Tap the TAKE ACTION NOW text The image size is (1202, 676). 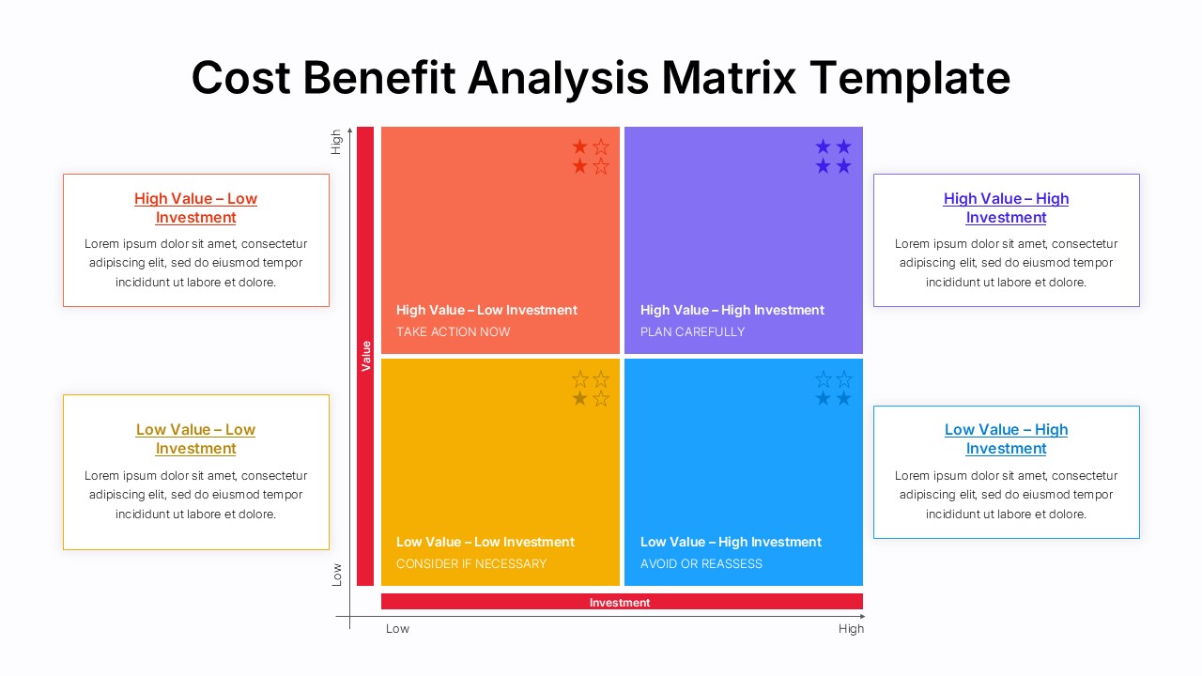[454, 331]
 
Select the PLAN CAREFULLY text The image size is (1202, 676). [692, 331]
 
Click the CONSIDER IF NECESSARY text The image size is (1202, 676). [470, 563]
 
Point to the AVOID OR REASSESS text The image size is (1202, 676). [701, 563]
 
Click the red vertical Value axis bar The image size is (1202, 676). [365, 356]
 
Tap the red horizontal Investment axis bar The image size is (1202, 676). [621, 602]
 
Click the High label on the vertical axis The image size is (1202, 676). [336, 142]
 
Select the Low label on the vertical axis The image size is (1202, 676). [336, 575]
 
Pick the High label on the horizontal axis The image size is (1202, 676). [851, 629]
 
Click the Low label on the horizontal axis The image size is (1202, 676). [397, 629]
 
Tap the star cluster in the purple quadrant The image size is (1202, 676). [833, 156]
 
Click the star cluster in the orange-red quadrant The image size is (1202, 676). [591, 156]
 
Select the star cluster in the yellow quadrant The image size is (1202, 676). [591, 389]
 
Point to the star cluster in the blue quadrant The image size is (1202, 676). [833, 389]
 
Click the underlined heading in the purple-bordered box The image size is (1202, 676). [1006, 207]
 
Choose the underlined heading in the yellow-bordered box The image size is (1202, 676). [195, 438]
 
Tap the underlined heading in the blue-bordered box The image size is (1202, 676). [1006, 438]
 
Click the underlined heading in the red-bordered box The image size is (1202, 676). [195, 207]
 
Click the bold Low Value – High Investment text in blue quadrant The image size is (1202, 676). [731, 542]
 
